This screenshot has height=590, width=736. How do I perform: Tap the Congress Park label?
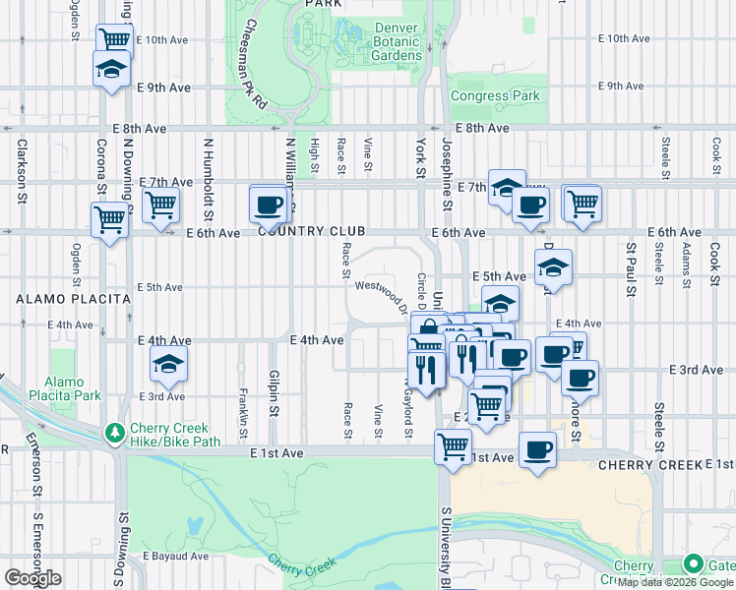click(x=495, y=96)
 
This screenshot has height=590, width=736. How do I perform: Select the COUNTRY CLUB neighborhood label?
click(x=312, y=231)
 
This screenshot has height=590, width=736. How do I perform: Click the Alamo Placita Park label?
click(x=73, y=388)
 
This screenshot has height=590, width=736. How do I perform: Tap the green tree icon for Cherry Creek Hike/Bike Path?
click(x=115, y=433)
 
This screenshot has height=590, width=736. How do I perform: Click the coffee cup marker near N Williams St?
click(x=268, y=205)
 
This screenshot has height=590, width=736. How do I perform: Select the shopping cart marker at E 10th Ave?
click(x=114, y=40)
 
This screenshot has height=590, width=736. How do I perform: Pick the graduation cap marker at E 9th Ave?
click(x=111, y=70)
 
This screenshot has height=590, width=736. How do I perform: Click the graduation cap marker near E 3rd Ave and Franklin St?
click(x=169, y=364)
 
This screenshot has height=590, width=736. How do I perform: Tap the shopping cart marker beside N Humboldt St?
click(x=160, y=205)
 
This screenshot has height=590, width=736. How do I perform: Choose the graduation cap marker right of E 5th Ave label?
click(x=554, y=267)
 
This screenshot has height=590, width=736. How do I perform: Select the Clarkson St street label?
click(x=23, y=169)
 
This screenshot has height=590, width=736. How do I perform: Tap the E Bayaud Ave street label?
click(x=175, y=557)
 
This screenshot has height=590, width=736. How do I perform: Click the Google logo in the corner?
click(x=31, y=578)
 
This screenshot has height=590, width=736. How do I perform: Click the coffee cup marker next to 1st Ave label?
click(x=537, y=450)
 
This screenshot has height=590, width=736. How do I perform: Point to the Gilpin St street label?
click(x=276, y=391)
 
